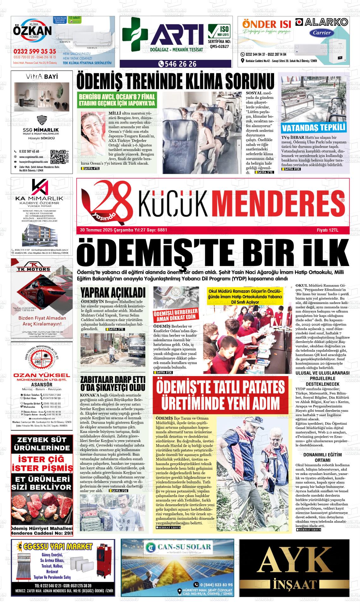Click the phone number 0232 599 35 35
click(35, 52)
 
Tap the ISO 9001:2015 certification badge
click(219, 32)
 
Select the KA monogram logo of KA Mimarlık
click(39, 187)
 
